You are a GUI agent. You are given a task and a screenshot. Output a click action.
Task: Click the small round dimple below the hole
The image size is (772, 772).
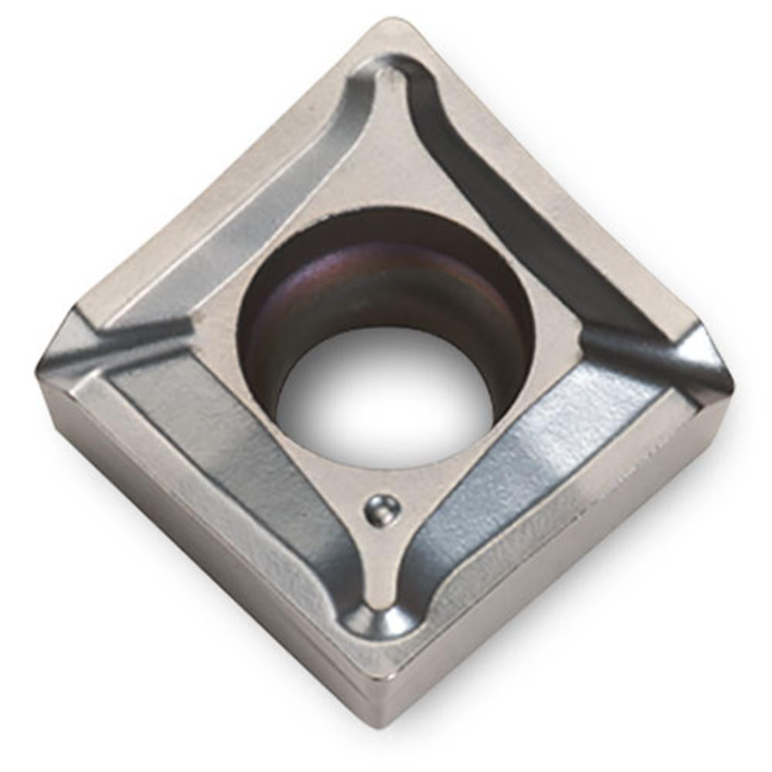click(x=383, y=510)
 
